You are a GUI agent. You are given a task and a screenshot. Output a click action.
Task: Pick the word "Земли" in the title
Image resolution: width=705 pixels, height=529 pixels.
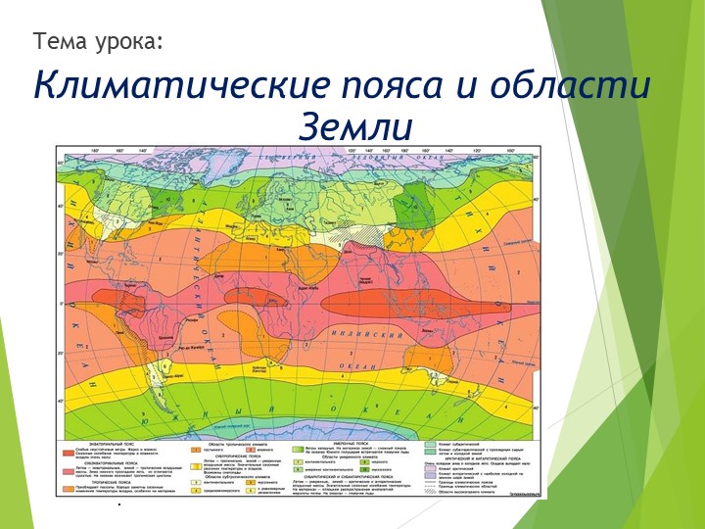[x=356, y=127]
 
